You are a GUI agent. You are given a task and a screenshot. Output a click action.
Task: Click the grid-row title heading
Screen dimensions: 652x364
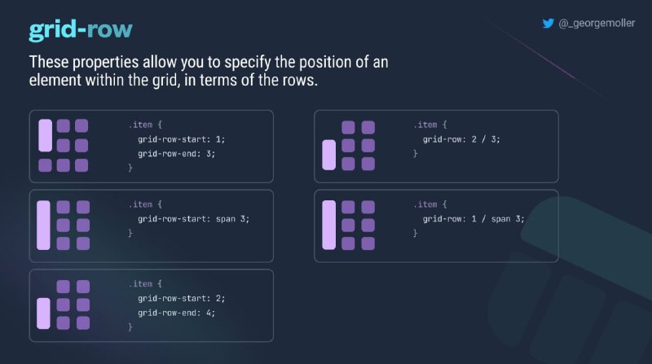click(x=81, y=30)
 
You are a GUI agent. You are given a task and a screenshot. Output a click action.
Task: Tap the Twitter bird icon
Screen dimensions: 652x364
click(x=548, y=24)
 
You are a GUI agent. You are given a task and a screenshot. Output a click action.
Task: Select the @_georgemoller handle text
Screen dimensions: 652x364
click(x=597, y=24)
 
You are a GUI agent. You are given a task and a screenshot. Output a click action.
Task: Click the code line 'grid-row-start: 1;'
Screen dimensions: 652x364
click(x=181, y=139)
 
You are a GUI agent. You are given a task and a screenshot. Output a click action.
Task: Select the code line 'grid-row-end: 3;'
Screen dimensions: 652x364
click(x=176, y=154)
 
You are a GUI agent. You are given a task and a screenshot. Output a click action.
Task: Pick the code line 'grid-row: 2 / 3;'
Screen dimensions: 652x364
click(x=461, y=139)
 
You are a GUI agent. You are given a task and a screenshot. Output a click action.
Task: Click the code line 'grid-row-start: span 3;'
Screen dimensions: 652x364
click(x=193, y=219)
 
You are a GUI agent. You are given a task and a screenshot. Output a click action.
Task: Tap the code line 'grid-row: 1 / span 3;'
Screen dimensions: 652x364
click(x=474, y=219)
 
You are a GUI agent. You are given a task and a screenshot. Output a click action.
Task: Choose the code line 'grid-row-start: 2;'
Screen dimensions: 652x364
click(x=181, y=299)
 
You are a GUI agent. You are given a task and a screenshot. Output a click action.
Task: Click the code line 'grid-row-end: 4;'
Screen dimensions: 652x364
click(x=176, y=313)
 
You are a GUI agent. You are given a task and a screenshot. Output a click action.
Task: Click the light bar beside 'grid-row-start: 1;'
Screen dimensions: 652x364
click(x=46, y=135)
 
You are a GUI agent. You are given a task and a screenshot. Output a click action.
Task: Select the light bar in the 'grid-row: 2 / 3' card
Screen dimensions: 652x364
click(x=329, y=155)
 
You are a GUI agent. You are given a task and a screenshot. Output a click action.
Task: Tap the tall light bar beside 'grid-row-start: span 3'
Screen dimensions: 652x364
click(x=44, y=226)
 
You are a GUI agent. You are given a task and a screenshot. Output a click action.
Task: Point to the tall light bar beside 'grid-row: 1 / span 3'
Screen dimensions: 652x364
click(x=329, y=225)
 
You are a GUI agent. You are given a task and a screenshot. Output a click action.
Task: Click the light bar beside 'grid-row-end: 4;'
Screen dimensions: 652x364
click(x=44, y=314)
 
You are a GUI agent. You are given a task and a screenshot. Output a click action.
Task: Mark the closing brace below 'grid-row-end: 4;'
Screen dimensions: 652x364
click(x=130, y=327)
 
